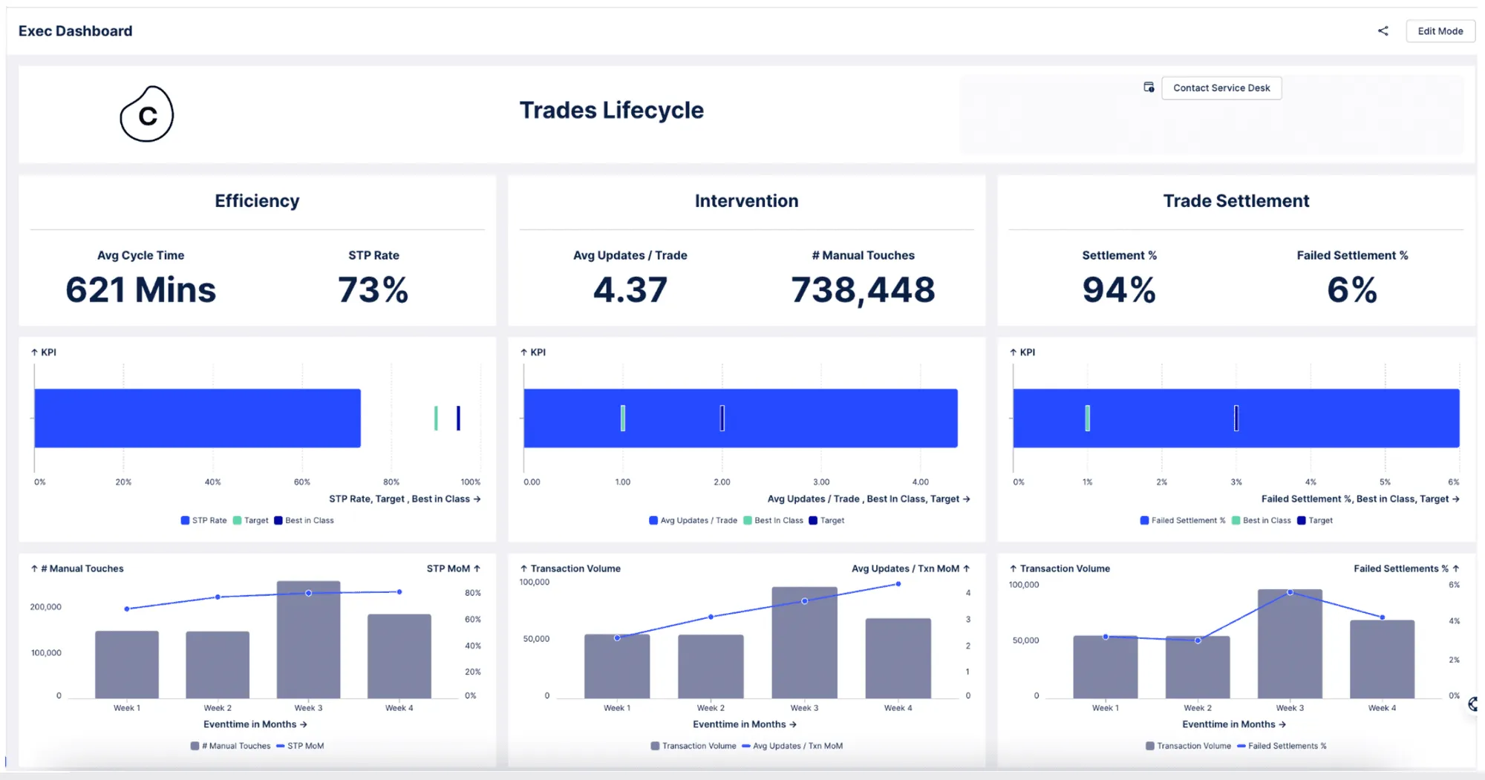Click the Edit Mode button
pos(1440,31)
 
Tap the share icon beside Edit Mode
pos(1383,31)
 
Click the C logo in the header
pos(147,114)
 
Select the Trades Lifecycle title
pos(611,110)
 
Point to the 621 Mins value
pos(141,289)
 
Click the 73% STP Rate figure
pos(373,289)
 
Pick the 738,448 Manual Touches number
pos(863,289)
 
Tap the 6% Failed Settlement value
pos(1352,289)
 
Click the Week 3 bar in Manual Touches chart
pos(309,639)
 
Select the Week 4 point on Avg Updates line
pos(898,584)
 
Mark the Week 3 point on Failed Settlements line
pos(1290,592)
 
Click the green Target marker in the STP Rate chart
pos(436,418)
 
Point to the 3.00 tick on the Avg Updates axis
pos(821,482)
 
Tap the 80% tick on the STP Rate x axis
pos(391,482)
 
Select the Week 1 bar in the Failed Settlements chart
pos(1106,666)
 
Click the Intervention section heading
pos(746,200)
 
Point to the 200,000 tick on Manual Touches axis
pos(46,606)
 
